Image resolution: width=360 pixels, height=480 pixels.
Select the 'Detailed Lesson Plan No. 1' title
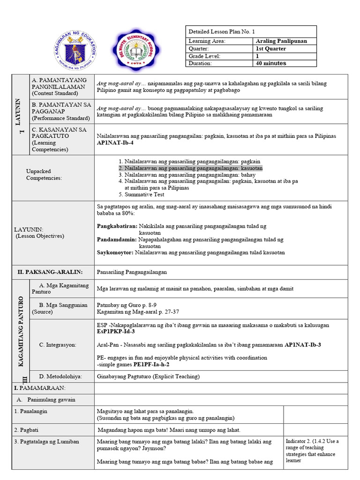[x=222, y=31]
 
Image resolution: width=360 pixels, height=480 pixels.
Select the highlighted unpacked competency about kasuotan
[x=190, y=168]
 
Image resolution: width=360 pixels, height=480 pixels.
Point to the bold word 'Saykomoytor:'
[x=115, y=253]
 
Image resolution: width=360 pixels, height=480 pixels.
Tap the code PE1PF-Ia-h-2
[x=151, y=364]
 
